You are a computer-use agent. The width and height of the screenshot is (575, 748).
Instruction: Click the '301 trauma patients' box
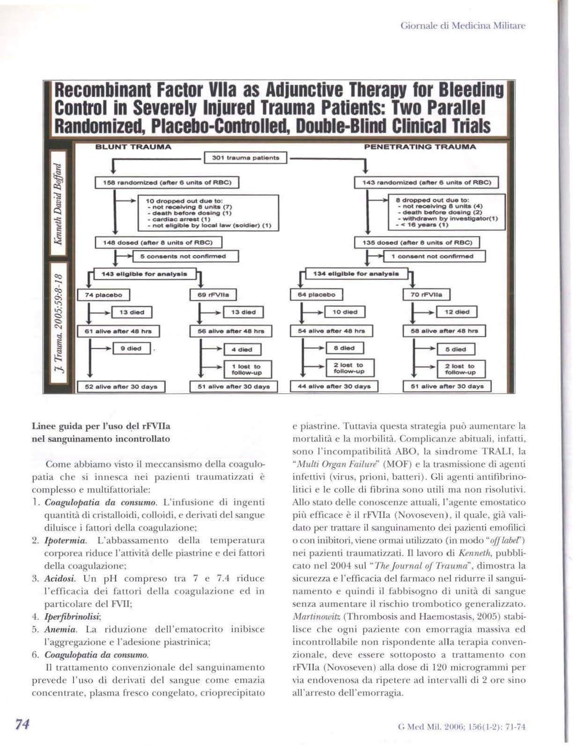245,158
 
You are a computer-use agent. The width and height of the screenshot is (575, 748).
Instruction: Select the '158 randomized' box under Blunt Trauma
167,182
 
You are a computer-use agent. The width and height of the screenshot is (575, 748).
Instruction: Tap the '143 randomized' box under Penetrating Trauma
426,182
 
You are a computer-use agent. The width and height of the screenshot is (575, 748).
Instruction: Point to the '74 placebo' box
103,295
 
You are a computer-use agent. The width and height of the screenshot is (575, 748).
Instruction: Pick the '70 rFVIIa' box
426,295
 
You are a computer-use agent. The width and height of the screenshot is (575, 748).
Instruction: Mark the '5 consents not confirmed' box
186,256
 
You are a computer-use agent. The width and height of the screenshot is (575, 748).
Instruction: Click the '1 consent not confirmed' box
434,256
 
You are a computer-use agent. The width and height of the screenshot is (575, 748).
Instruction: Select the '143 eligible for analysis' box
144,274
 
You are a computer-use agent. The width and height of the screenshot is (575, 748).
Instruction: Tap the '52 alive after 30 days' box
121,387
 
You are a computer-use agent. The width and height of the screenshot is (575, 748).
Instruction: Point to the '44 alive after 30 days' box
334,387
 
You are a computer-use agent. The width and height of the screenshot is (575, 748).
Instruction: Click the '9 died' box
134,349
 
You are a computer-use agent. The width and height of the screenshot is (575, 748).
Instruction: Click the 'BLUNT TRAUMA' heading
133,147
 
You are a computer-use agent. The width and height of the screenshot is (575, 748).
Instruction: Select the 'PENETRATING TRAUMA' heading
420,147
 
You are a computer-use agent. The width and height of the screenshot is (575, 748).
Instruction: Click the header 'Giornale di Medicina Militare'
463,25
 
